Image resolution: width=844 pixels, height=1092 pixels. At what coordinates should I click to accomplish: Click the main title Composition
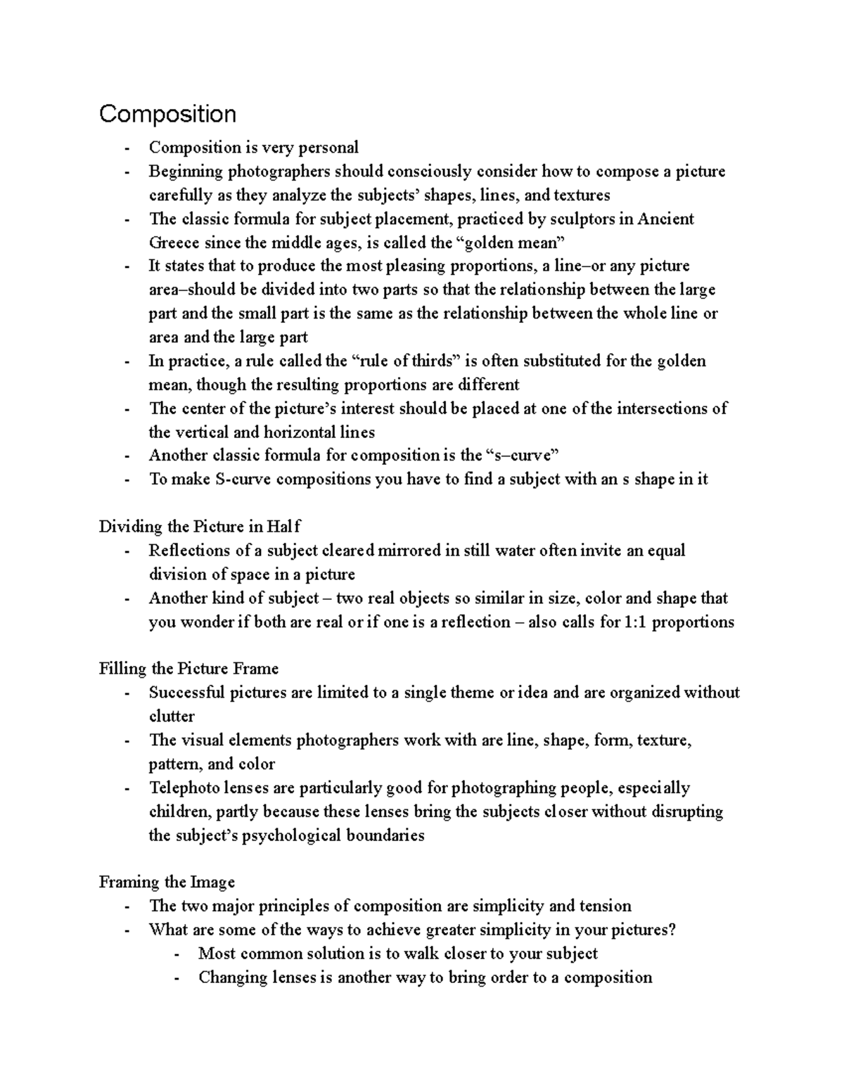point(167,114)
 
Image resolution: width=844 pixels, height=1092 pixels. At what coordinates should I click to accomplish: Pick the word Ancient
point(665,219)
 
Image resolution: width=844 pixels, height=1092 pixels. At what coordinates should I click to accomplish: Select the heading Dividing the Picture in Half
point(200,527)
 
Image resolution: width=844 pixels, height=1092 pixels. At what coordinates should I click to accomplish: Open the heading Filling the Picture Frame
point(188,669)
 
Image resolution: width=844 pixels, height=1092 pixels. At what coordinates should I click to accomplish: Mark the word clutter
point(172,717)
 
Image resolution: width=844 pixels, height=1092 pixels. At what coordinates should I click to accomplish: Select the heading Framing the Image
point(167,882)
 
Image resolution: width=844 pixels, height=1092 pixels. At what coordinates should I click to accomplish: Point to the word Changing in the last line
point(232,977)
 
